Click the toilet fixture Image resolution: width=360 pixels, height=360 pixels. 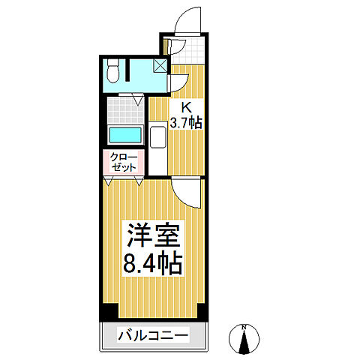tap(112, 71)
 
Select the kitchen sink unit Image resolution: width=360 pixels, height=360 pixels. tap(158, 139)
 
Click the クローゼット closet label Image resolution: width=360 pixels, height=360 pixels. tap(124, 162)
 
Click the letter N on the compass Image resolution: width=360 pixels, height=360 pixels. tap(245, 327)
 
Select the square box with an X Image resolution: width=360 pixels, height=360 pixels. tap(160, 65)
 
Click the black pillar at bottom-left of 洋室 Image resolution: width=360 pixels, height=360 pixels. tap(110, 310)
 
